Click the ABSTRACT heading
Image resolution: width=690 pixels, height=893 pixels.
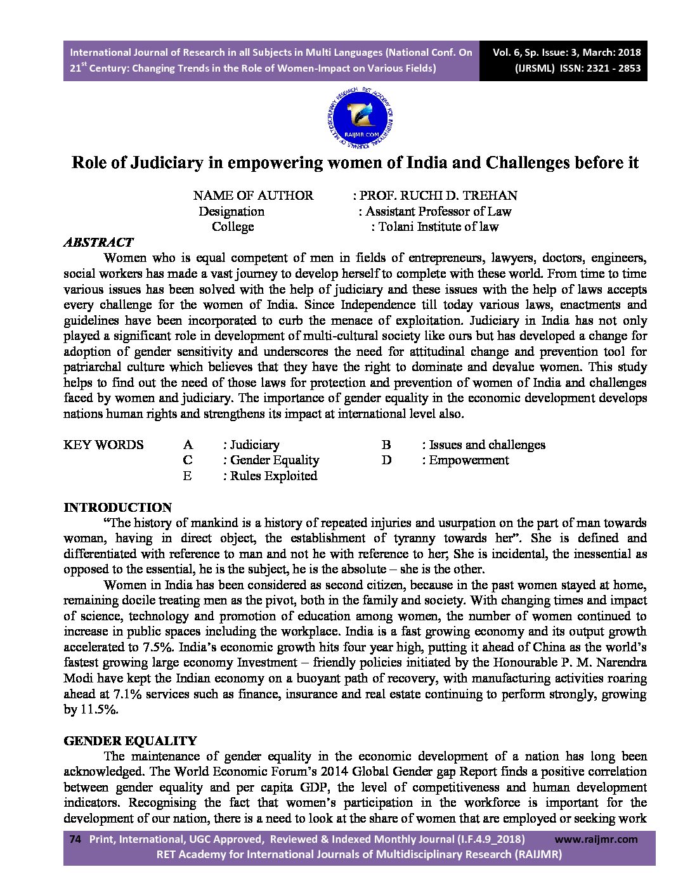click(x=98, y=242)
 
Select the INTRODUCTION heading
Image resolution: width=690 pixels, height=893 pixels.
click(x=118, y=507)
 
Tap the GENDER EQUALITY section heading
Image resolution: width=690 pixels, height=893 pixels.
click(x=131, y=741)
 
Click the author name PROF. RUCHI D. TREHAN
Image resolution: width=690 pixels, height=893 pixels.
click(x=438, y=195)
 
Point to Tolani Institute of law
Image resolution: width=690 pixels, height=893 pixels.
click(x=438, y=226)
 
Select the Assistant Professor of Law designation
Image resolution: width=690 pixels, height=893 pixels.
click(x=438, y=211)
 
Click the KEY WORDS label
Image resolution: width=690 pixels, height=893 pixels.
click(x=103, y=445)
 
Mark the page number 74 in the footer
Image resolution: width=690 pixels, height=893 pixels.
click(x=75, y=839)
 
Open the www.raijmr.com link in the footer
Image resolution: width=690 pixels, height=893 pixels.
click(x=599, y=839)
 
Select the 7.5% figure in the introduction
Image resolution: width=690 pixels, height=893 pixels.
click(x=157, y=648)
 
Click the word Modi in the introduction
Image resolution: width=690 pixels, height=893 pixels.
click(x=77, y=679)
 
